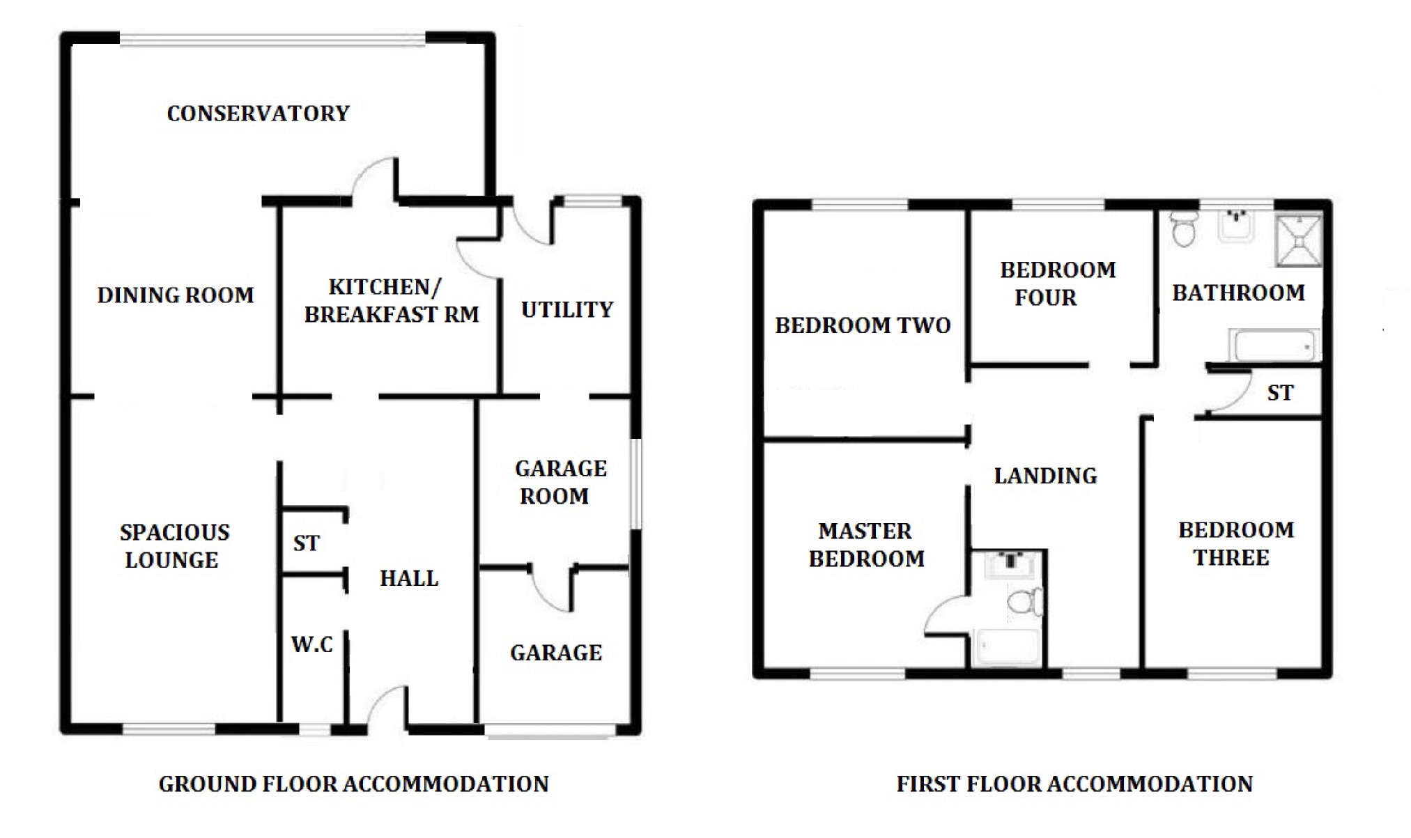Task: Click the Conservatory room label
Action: (258, 114)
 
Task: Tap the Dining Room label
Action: (176, 295)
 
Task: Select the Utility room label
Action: (567, 310)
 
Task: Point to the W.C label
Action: (311, 644)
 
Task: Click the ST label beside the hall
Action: (307, 543)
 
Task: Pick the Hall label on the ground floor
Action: (409, 578)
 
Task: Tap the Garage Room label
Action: (560, 482)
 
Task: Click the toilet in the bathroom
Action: (1184, 229)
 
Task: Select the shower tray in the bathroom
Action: (1299, 241)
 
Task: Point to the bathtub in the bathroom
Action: (1274, 346)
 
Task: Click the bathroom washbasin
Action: (1236, 226)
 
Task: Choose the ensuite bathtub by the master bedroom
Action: (1008, 647)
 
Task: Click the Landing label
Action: (1045, 476)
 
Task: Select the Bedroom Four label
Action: (1058, 284)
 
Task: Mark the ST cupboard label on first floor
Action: (1280, 393)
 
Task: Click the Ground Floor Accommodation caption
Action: (353, 784)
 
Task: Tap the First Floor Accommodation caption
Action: (1074, 784)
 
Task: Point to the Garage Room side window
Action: (635, 483)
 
